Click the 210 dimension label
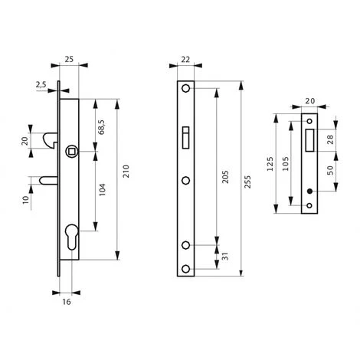click(126, 172)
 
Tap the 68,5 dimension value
click(101, 126)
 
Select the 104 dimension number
click(103, 189)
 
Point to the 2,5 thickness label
click(41, 84)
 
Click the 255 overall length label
click(247, 182)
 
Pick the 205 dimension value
click(225, 177)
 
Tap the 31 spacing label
click(224, 257)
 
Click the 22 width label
click(185, 60)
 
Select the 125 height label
click(270, 164)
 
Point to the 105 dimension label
click(286, 164)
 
